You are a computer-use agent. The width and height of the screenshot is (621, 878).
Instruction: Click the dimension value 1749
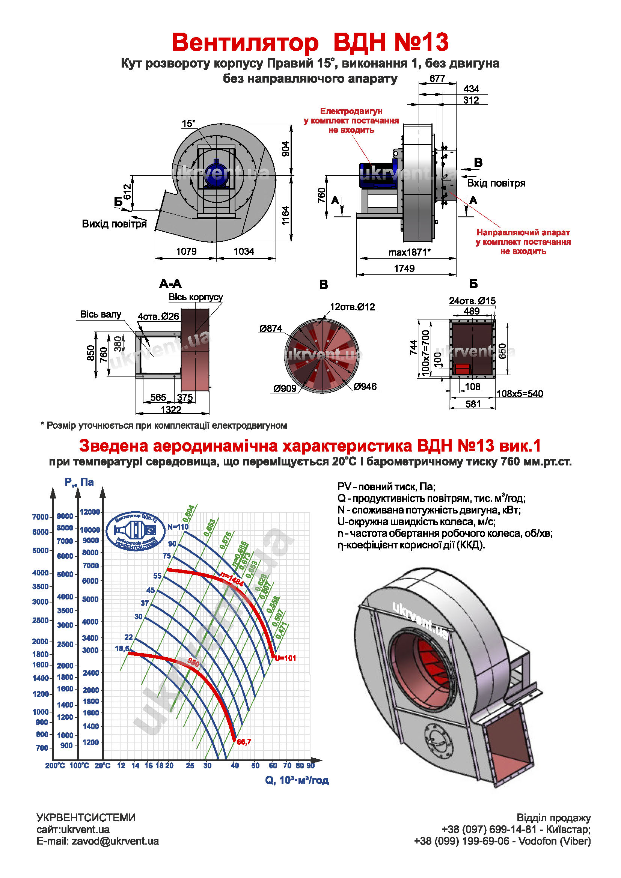pos(404,268)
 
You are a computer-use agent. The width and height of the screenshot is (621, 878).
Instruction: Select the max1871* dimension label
pos(410,252)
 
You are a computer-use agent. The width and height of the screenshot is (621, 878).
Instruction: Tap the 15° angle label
pos(188,123)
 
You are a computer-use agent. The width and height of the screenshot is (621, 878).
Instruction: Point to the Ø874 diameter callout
pos(270,328)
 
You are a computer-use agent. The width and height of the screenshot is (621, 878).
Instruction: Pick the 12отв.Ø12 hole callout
pos(352,307)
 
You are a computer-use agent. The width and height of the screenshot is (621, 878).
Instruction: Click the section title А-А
pos(170,284)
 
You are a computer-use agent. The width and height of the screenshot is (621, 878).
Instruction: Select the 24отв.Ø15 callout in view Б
pos(472,301)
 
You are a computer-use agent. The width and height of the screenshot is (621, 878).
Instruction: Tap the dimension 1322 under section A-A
pos(171,410)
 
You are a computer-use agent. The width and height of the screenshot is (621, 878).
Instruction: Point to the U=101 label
pos(285,658)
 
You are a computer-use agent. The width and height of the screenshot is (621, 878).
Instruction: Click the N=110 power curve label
pos(178,527)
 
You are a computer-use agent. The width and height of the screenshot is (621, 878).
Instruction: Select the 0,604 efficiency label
pos(188,513)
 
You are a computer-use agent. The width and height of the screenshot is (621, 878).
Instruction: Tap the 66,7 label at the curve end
pos(244,742)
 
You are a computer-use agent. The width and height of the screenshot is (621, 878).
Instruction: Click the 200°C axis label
pos(55,765)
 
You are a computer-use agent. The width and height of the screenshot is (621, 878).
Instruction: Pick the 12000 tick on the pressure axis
pos(90,512)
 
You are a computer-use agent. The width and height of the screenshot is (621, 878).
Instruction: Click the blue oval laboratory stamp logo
pos(136,531)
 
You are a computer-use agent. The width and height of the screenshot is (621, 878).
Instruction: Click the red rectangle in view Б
pos(462,369)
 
